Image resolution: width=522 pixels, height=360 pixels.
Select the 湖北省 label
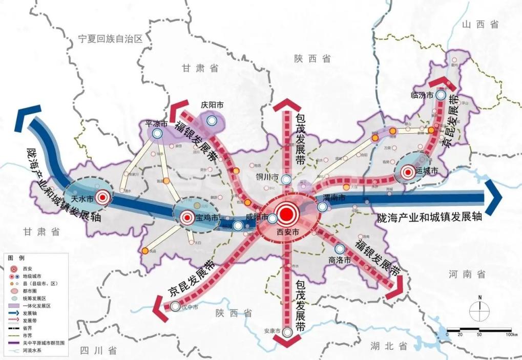[389, 346]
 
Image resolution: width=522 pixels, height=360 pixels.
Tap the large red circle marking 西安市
[288, 214]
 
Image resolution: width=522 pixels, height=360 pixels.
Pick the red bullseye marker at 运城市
[408, 173]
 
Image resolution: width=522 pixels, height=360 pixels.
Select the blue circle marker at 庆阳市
[213, 121]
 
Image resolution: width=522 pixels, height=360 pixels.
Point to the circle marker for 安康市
[288, 332]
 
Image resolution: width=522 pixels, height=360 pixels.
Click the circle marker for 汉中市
[176, 307]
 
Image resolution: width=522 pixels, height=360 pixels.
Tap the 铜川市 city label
[267, 177]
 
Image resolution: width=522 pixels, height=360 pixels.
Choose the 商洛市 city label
[340, 260]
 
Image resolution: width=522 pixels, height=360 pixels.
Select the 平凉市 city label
[157, 124]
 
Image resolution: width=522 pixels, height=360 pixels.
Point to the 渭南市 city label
[335, 198]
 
